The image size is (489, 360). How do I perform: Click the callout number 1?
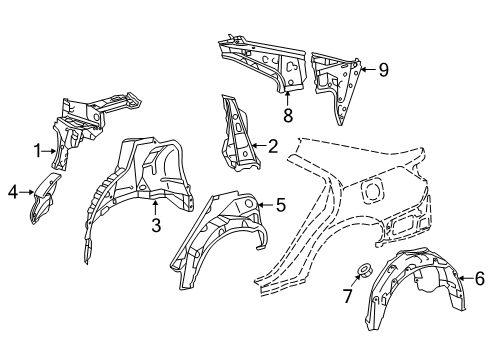pos(38,151)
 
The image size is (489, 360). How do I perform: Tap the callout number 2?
pos(273,146)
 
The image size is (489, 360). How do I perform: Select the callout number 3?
pos(156,225)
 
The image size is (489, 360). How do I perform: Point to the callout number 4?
pos(13,192)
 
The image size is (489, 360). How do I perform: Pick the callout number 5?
pos(281,204)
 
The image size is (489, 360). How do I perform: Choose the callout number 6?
pos(479,278)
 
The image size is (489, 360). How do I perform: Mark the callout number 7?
pos(347,296)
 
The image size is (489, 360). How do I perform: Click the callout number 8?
pos(288,115)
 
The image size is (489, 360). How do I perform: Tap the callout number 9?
pos(383,70)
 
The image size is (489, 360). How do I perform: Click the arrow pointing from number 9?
pos(368,69)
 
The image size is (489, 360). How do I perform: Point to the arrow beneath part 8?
pos(287,98)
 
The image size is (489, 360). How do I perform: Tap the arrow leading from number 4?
pos(27,192)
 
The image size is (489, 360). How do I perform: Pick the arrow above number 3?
pos(155,207)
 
